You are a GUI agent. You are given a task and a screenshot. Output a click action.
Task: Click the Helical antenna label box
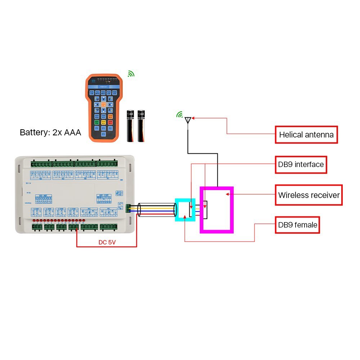[306, 135]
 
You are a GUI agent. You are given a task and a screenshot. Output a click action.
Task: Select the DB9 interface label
[301, 165]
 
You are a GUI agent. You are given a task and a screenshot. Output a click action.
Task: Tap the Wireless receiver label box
[309, 195]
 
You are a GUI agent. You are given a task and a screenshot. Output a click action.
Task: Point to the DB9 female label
[298, 225]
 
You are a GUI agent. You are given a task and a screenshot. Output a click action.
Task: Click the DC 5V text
[107, 242]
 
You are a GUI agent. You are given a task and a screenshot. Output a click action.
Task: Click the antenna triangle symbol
[188, 120]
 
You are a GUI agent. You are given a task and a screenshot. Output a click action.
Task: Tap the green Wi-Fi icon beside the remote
[131, 74]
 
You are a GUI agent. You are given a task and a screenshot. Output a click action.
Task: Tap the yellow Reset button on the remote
[103, 122]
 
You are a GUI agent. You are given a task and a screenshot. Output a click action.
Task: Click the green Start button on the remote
[96, 122]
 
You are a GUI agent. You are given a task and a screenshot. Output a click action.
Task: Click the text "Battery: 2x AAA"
[50, 132]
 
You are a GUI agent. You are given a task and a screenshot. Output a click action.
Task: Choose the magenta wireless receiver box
[217, 210]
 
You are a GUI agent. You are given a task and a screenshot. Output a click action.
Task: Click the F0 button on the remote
[96, 128]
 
